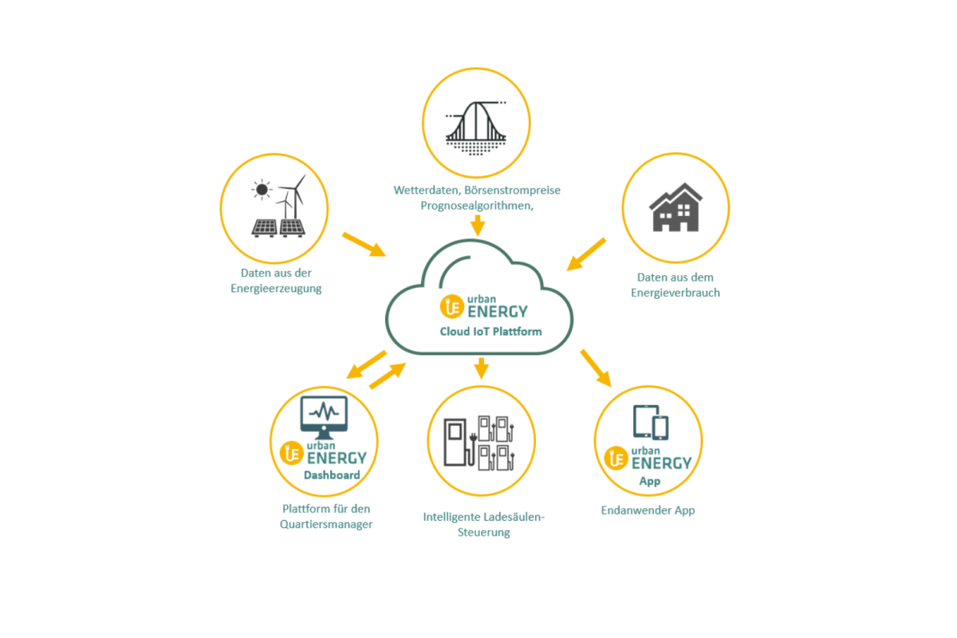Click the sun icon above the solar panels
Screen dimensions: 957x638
[262, 190]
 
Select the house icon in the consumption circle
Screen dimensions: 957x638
[675, 207]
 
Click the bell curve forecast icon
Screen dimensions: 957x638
[476, 128]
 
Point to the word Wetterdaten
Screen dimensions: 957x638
[427, 190]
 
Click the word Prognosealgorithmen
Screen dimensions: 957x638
[477, 206]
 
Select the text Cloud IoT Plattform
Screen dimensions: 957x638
[491, 332]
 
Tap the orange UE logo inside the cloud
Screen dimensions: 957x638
[452, 306]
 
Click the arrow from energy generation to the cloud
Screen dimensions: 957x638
[364, 245]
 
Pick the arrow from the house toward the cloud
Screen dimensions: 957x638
[586, 254]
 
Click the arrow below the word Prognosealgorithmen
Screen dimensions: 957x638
[478, 225]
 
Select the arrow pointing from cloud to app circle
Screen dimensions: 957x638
[596, 368]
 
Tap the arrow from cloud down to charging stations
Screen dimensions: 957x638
[482, 368]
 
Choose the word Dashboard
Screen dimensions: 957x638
[332, 475]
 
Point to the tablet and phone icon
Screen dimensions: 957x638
[651, 422]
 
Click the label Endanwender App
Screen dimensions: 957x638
[648, 510]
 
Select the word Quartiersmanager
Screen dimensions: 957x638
[326, 524]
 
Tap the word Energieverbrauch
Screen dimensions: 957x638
[675, 293]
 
